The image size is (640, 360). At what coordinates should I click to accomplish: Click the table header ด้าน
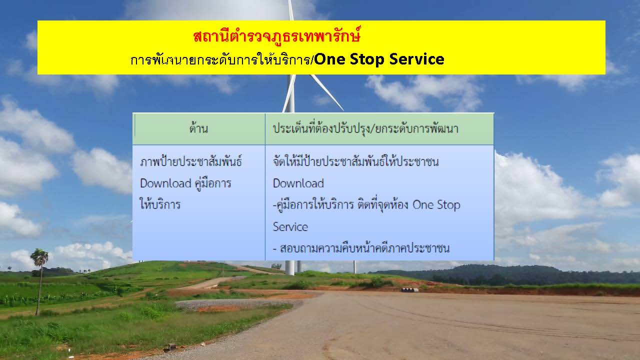198,128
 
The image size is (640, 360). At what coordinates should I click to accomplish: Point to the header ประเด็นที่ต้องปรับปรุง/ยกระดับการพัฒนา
365,128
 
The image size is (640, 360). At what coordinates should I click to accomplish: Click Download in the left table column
165,183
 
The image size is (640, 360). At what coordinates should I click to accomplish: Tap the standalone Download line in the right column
298,183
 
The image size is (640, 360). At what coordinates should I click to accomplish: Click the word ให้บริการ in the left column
160,204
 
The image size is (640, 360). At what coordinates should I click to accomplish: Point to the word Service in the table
290,227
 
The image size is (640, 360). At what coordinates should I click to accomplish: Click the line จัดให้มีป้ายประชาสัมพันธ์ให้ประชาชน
355,161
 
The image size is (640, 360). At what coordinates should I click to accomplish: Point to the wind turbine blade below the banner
327,92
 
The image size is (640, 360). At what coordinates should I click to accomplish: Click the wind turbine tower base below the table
289,267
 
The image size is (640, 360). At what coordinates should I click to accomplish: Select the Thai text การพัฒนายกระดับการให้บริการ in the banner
220,59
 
